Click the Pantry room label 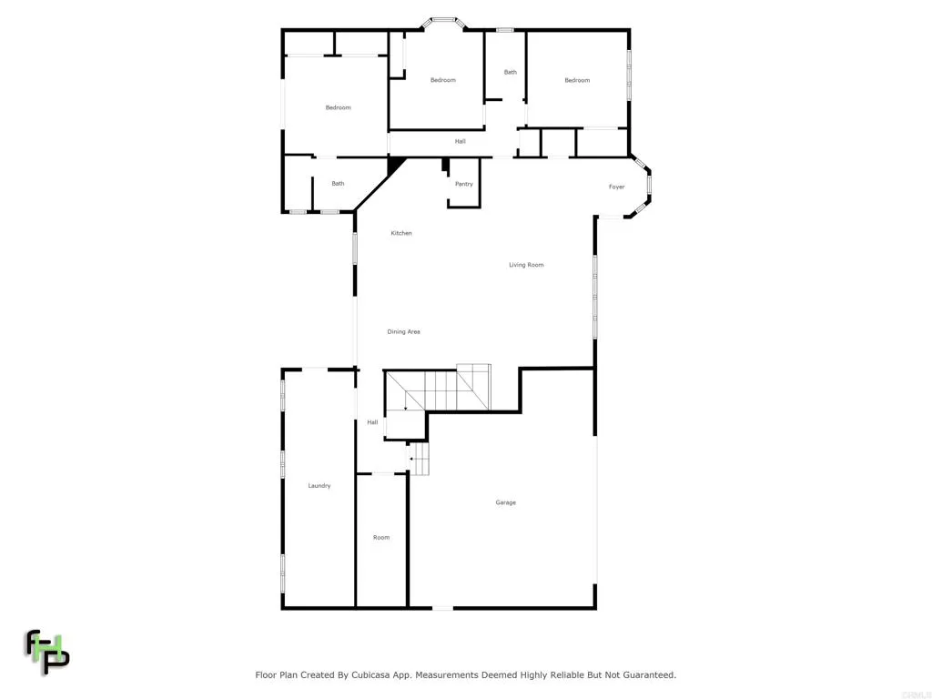click(464, 184)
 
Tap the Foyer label click(617, 187)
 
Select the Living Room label click(526, 265)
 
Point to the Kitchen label click(401, 233)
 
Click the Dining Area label click(403, 331)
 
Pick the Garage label click(505, 502)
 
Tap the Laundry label click(319, 486)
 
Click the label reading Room click(381, 537)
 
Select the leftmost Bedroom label click(338, 107)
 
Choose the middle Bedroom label click(442, 80)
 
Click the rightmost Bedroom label click(577, 80)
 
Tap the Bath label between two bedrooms click(511, 72)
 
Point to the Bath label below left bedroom click(338, 183)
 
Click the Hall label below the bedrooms click(461, 141)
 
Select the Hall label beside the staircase click(372, 422)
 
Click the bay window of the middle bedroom click(443, 19)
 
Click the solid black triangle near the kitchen click(396, 164)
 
